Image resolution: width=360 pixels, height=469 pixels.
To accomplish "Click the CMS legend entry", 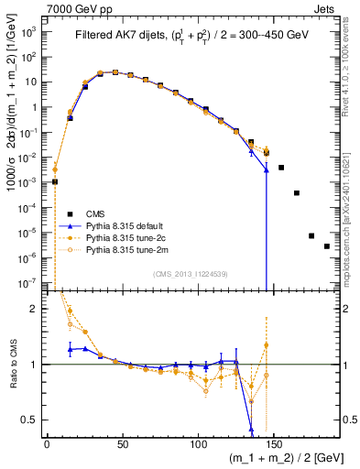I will pyautogui.click(x=96, y=213).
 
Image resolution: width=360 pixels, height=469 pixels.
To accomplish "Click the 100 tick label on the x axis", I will pyautogui.click(x=198, y=442).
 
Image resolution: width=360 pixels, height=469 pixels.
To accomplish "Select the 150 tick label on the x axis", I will pyautogui.click(x=274, y=442).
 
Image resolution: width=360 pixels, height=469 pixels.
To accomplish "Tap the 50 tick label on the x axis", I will pyautogui.click(x=122, y=442).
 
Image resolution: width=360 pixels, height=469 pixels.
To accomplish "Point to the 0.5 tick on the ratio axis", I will pyautogui.click(x=31, y=420).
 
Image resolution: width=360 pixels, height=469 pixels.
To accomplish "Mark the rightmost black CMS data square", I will pyautogui.click(x=327, y=272).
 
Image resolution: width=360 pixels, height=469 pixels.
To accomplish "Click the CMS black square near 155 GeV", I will pyautogui.click(x=281, y=168).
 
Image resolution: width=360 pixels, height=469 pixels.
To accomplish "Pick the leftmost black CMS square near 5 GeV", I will pyautogui.click(x=55, y=181).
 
